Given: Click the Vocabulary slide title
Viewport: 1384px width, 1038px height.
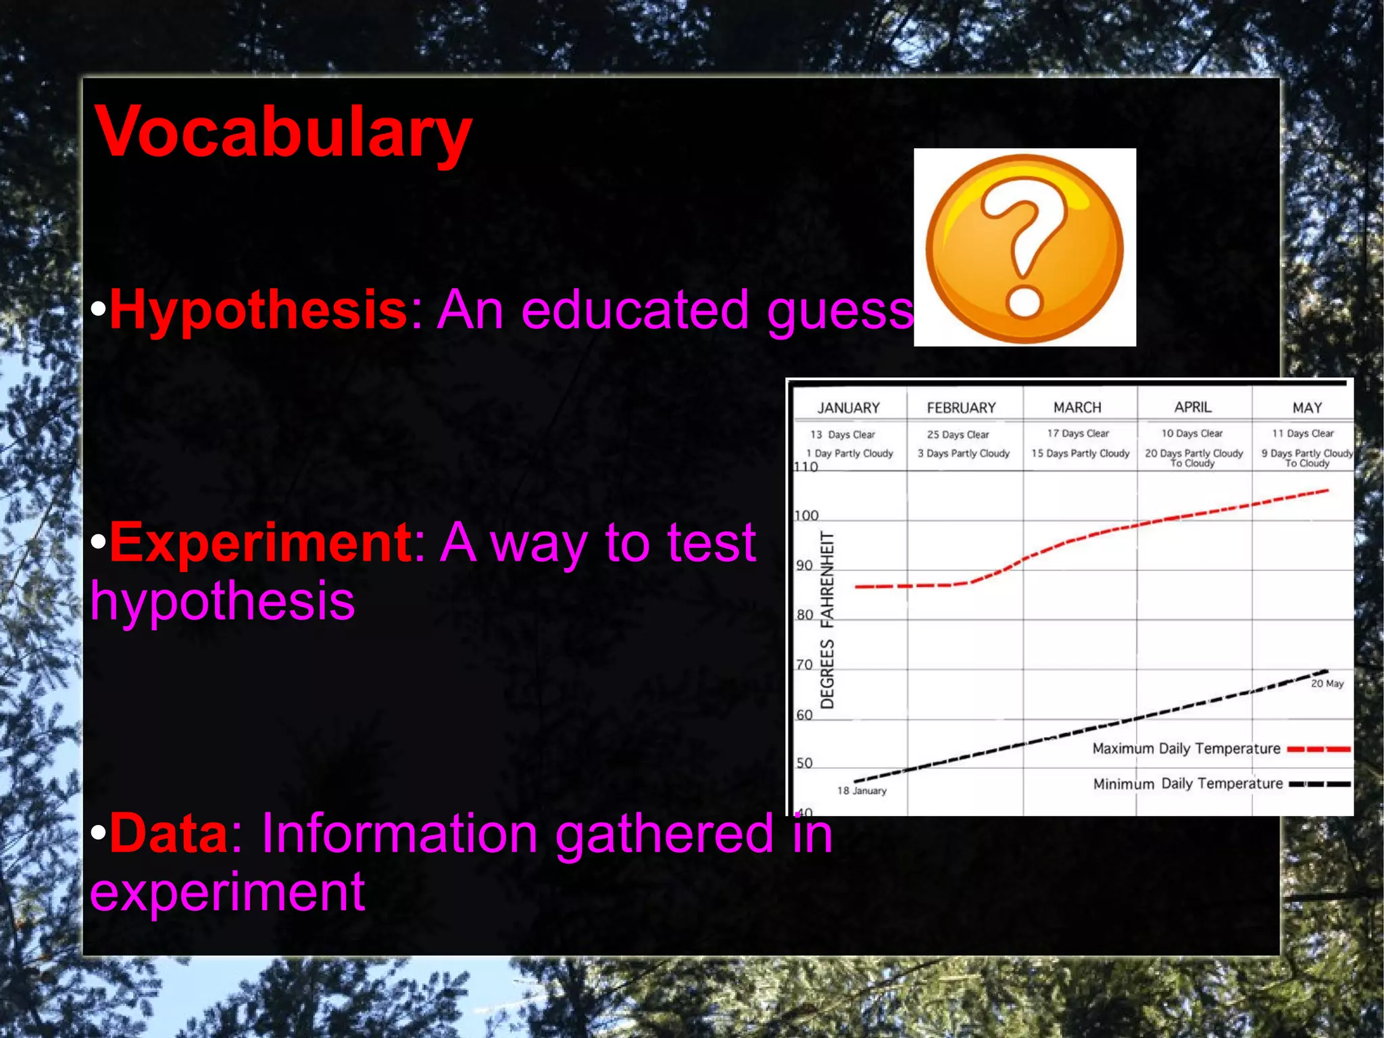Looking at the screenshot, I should point(282,133).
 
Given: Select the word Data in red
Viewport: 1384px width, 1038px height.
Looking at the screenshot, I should point(169,833).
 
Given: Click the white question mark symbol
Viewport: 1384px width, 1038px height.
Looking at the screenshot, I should point(1024,250).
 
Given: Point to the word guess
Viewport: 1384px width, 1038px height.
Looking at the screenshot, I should point(840,310).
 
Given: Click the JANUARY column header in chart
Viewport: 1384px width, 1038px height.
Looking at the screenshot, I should point(848,408).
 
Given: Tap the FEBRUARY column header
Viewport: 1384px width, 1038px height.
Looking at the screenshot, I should point(961,408).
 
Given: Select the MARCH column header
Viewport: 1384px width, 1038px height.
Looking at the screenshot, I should point(1077,407).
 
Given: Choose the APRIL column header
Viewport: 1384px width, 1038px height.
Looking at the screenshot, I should point(1193,407).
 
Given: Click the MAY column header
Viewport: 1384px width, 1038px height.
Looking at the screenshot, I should point(1307,408).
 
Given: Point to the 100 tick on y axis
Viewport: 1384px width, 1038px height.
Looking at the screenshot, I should point(806,516).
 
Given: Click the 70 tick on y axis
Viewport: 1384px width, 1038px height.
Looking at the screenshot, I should point(804,665).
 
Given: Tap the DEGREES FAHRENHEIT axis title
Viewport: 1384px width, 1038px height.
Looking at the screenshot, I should point(827,619).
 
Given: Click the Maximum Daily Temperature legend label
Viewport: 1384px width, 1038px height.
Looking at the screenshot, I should point(1186,749).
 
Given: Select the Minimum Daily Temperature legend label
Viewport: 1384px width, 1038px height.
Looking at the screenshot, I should point(1187,784).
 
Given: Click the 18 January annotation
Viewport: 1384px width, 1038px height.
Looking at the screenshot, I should point(862,791).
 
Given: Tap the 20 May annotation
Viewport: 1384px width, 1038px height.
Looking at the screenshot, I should point(1327,684).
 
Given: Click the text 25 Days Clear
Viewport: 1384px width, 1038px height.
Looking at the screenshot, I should point(958,434).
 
